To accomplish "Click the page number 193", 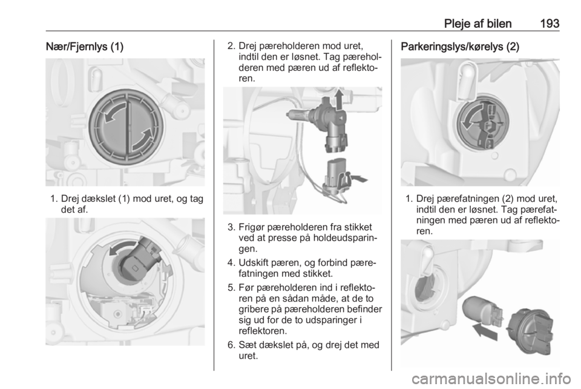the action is click(550, 24).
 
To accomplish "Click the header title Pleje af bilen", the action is click(478, 24).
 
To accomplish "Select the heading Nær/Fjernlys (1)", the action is click(85, 47).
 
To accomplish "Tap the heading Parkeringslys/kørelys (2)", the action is click(460, 47).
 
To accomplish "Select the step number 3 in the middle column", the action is click(231, 227).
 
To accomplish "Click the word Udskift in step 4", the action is click(254, 264).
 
